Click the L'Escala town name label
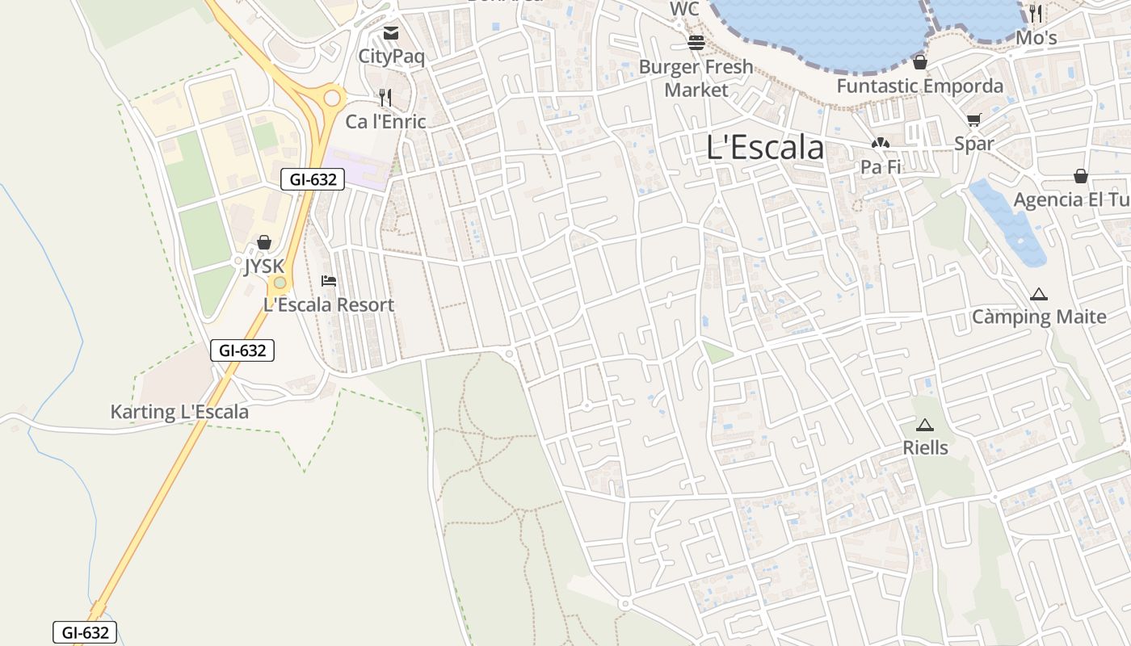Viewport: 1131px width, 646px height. click(x=765, y=148)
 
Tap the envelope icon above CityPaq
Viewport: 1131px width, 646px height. click(x=391, y=33)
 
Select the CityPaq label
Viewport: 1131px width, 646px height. click(x=391, y=57)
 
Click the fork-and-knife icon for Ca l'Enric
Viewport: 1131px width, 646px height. click(x=385, y=98)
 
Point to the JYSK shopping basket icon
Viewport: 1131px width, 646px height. click(x=263, y=242)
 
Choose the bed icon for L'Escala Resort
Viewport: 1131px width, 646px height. click(x=329, y=281)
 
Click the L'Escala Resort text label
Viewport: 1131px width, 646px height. click(x=329, y=305)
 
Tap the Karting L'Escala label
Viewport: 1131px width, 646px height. click(x=179, y=412)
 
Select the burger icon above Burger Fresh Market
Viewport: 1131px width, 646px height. click(x=696, y=43)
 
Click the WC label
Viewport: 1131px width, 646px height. click(x=684, y=9)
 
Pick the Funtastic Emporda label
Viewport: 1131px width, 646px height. click(x=919, y=86)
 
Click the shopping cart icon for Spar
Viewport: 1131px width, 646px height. click(x=973, y=120)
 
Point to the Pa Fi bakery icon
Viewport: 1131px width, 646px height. click(x=880, y=144)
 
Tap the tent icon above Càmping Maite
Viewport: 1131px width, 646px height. click(x=1038, y=295)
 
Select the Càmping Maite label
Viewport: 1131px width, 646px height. click(x=1038, y=317)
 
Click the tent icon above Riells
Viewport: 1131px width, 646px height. click(x=925, y=425)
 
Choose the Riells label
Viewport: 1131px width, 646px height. click(x=925, y=447)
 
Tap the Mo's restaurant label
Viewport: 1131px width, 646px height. click(x=1036, y=38)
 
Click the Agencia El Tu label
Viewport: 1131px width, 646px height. click(x=1071, y=199)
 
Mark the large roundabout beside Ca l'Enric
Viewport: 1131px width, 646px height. click(x=332, y=99)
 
